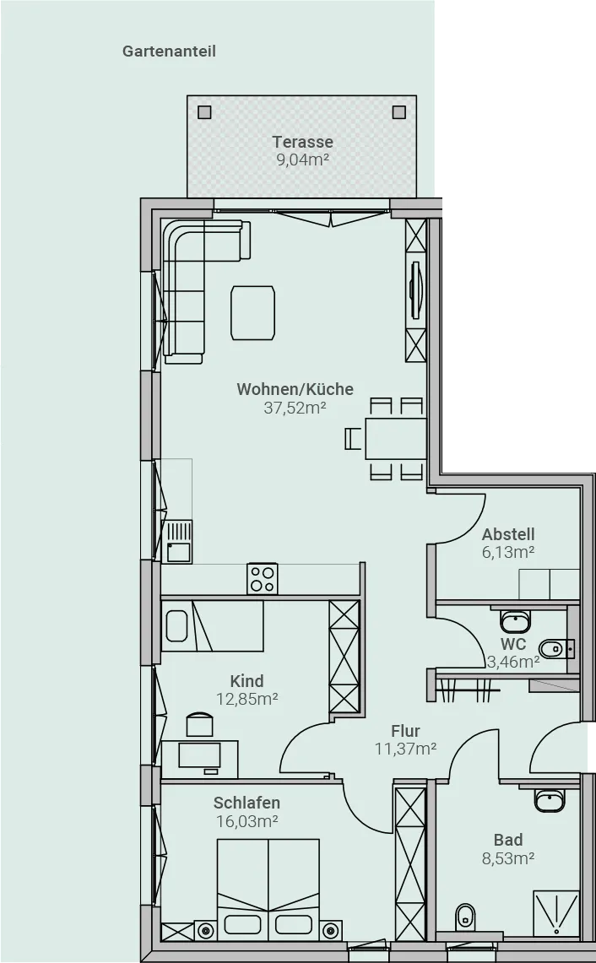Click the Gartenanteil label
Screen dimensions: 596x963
click(x=169, y=51)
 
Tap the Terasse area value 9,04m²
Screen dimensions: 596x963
click(x=302, y=160)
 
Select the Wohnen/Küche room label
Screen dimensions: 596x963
click(x=295, y=389)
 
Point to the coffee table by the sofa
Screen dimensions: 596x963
click(x=252, y=312)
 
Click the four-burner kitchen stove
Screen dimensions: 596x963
click(x=263, y=579)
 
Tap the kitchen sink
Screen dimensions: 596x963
click(x=180, y=542)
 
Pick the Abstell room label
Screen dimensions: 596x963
click(x=508, y=533)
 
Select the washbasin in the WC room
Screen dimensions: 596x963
click(x=514, y=621)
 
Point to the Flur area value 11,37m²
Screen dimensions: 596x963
click(x=405, y=749)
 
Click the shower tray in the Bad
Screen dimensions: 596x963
click(x=556, y=914)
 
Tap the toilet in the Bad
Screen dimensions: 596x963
click(x=465, y=917)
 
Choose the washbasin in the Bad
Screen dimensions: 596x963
click(x=550, y=800)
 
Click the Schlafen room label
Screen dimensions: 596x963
click(x=247, y=803)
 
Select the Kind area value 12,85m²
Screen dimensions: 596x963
click(x=247, y=699)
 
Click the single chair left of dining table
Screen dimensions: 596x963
click(x=354, y=439)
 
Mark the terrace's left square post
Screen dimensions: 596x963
click(x=204, y=111)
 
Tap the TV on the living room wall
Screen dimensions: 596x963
click(x=416, y=289)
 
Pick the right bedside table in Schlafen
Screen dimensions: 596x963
click(x=333, y=930)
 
